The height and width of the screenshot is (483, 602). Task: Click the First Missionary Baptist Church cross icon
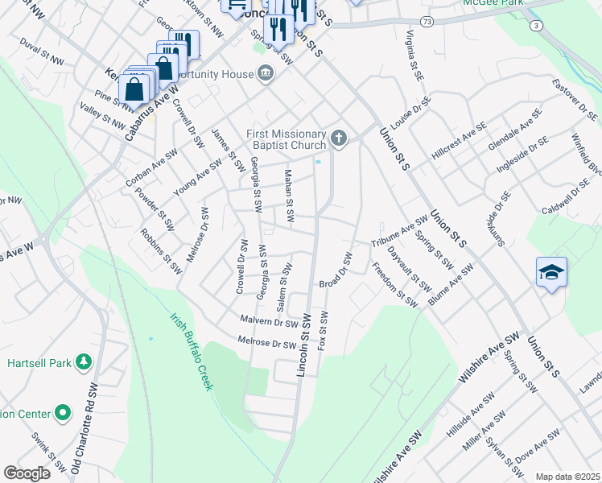[339, 139]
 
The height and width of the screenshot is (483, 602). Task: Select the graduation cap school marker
[552, 274]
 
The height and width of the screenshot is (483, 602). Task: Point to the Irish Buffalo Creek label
[192, 351]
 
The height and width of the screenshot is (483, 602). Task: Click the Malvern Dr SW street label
[269, 322]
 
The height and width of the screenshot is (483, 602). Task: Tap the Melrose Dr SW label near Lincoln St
[267, 344]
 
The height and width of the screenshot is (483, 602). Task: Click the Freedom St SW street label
[394, 284]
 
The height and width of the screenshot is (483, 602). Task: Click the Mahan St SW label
[289, 196]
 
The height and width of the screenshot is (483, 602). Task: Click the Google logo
[27, 473]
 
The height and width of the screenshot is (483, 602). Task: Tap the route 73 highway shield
[426, 19]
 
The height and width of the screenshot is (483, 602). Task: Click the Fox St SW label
[324, 331]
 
